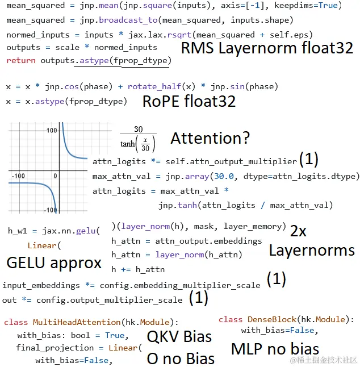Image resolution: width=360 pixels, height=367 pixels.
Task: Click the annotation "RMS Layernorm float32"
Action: (x=267, y=49)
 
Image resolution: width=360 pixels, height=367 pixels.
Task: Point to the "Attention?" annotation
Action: (x=210, y=138)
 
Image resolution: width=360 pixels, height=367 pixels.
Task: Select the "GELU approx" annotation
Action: (x=54, y=263)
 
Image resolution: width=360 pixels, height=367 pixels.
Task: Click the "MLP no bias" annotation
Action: (x=275, y=349)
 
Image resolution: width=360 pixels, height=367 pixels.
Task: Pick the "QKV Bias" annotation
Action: (x=179, y=336)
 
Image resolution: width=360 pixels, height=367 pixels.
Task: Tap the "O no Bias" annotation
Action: (x=181, y=358)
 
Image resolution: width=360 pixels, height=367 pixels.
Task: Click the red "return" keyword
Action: (x=20, y=60)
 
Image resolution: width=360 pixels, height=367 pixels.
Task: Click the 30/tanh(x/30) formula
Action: (x=138, y=138)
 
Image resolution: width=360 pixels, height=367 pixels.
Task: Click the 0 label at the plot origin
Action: (x=56, y=176)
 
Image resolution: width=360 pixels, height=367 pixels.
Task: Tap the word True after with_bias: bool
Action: (x=115, y=335)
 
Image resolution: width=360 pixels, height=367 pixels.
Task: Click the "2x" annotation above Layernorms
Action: (x=298, y=231)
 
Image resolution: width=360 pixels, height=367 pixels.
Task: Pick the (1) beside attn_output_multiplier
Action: (x=308, y=159)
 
